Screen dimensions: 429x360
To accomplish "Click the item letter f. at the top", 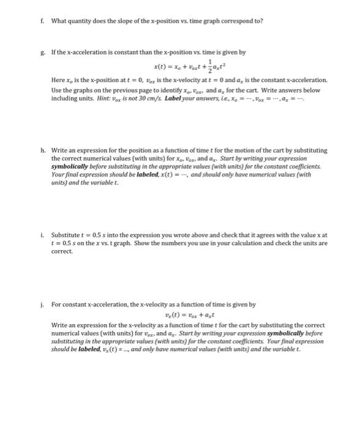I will click(42, 20).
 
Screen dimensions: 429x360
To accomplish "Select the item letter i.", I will click(42, 235).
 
